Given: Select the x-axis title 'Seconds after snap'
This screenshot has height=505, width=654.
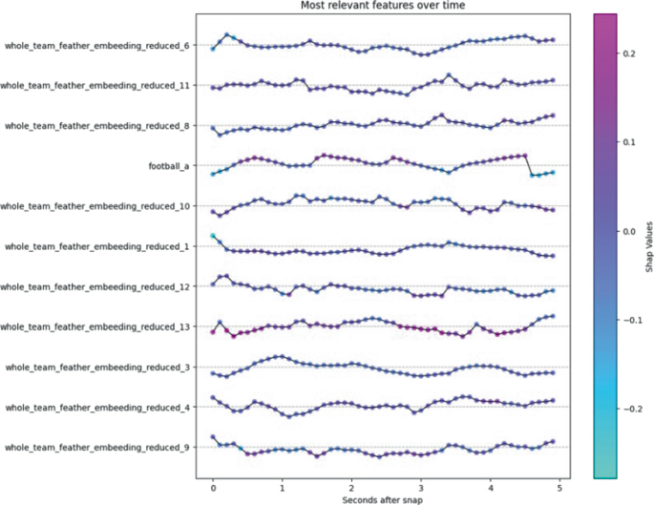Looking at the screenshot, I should [385, 497].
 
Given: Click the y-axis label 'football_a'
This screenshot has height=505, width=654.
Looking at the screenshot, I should [168, 166].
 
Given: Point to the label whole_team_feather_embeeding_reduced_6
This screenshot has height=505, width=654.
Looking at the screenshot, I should [96, 46].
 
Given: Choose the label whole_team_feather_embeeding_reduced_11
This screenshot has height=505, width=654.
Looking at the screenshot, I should [95, 86].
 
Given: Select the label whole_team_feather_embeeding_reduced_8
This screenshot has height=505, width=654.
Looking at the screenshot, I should [96, 126].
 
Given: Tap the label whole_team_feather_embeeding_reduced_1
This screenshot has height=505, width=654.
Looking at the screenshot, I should [96, 246].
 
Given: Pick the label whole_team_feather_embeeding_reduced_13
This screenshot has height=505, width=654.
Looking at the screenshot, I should [95, 326].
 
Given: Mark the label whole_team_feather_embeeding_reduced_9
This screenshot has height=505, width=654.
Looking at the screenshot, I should [96, 447].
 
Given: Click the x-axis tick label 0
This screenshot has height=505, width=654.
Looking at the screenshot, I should [213, 484].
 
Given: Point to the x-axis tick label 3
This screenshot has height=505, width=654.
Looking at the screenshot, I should [421, 484].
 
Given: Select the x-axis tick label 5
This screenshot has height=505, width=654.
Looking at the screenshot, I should [559, 484].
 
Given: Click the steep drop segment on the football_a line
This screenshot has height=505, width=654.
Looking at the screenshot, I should [529, 165].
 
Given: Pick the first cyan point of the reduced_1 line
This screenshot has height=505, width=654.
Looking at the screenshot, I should [213, 236].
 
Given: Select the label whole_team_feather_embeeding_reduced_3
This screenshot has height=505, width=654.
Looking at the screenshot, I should [96, 367].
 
